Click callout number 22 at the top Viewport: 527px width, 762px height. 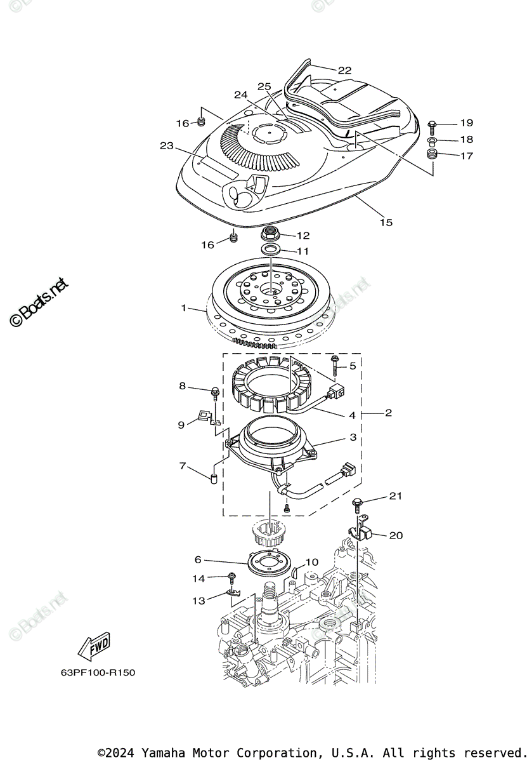344,70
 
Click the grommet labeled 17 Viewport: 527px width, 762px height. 432,156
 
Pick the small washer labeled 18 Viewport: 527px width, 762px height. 432,140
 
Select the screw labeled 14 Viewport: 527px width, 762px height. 232,577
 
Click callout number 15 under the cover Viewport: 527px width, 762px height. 386,222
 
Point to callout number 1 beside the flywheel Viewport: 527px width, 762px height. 184,308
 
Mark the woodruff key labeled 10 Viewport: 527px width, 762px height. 296,572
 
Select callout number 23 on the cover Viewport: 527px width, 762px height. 167,146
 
